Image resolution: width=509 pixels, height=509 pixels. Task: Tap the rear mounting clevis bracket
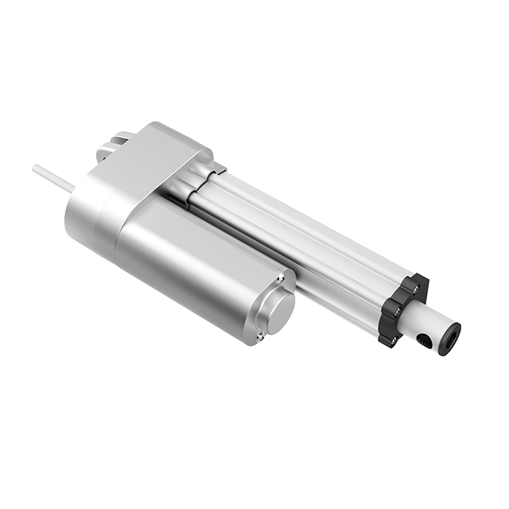(x=111, y=148)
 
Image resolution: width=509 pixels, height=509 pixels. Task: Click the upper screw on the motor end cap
(x=281, y=279)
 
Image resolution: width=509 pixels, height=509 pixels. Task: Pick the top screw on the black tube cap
(x=411, y=279)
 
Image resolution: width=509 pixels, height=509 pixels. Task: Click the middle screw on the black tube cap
(x=392, y=309)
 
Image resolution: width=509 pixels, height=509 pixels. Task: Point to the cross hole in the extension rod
(x=422, y=342)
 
